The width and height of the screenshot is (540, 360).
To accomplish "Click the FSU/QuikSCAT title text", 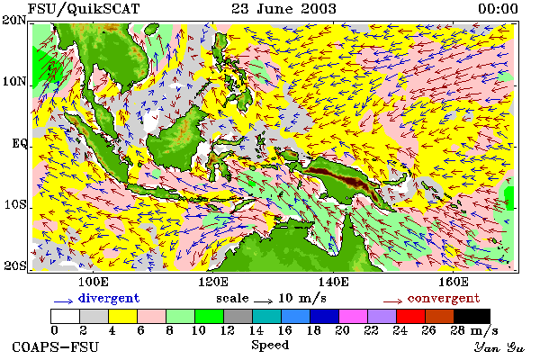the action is point(84,9).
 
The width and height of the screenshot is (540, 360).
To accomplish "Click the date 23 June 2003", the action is point(283,8).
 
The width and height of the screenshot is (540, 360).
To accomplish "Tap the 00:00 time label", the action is point(498,8).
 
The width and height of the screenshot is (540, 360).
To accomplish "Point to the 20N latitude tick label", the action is point(14,20).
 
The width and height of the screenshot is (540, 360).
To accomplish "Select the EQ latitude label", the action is point(20,143).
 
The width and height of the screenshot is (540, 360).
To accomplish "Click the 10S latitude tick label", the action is point(15,204).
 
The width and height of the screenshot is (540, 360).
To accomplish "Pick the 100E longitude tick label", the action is point(94,282).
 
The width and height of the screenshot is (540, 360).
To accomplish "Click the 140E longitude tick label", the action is point(333,282).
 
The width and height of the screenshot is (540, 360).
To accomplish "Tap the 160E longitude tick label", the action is point(454,282).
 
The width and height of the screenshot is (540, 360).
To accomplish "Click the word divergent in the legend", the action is point(109,298).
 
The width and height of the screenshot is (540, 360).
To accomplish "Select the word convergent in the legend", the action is point(444,298).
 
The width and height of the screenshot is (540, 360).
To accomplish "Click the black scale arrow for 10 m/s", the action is point(263,301).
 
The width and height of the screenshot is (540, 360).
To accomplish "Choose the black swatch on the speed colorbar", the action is point(472,316).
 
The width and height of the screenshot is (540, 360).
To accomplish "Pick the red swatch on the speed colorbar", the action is point(410,316).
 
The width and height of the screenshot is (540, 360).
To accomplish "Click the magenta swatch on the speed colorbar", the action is point(353,316).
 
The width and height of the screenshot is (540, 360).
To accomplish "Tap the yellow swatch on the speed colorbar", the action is point(122,316).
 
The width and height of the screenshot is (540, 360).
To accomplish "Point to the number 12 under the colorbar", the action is point(228,330).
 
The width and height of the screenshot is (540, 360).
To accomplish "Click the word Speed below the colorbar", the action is point(270,345).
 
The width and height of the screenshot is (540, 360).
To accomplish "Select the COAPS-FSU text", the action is point(55,346).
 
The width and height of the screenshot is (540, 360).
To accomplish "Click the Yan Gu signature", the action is point(499,347).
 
